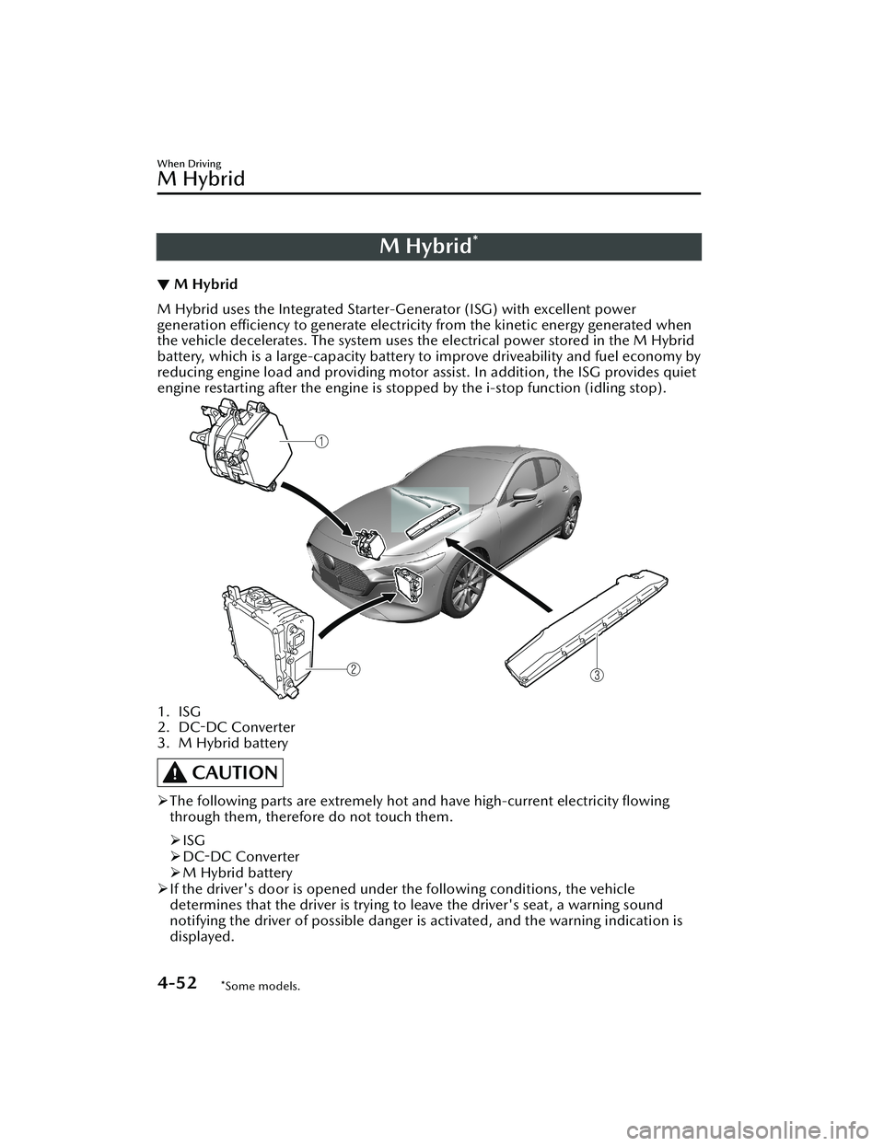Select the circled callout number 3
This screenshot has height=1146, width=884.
tap(598, 675)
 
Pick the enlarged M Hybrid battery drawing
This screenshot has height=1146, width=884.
tap(590, 626)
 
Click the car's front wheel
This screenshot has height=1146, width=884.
tap(464, 589)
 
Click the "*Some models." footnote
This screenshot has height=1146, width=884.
tap(261, 986)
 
